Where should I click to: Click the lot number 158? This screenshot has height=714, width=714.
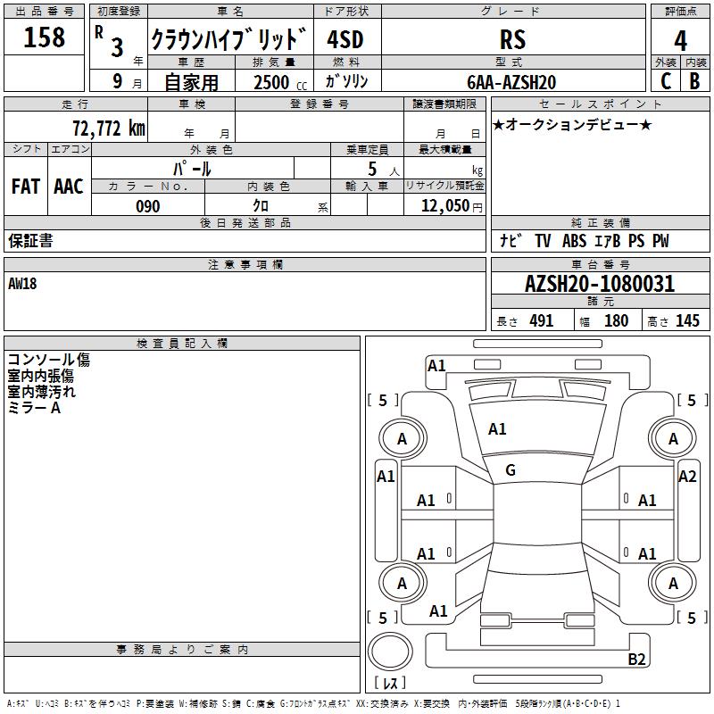tap(45, 37)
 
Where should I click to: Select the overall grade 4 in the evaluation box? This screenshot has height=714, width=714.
tap(680, 40)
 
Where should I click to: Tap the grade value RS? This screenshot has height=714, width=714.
tap(512, 40)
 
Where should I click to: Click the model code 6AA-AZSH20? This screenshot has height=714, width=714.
tap(511, 82)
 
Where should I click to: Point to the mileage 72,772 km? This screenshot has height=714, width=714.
tap(108, 129)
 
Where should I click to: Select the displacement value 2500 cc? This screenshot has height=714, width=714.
tap(272, 82)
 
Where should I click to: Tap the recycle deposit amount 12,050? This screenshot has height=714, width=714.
tap(444, 206)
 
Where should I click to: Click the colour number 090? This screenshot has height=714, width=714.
tap(148, 206)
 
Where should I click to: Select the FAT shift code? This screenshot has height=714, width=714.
tap(26, 187)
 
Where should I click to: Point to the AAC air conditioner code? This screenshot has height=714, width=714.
tap(69, 187)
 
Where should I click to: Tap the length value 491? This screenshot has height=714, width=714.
tap(541, 321)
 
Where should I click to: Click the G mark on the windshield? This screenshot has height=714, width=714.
tap(511, 469)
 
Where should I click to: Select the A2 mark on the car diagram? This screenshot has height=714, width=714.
tap(687, 476)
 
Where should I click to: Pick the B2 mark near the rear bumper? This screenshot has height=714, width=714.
tap(636, 660)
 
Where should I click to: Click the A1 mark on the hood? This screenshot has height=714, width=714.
tap(497, 429)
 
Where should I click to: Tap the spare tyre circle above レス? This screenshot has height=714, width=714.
tap(389, 655)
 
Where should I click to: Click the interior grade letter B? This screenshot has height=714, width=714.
tap(694, 81)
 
